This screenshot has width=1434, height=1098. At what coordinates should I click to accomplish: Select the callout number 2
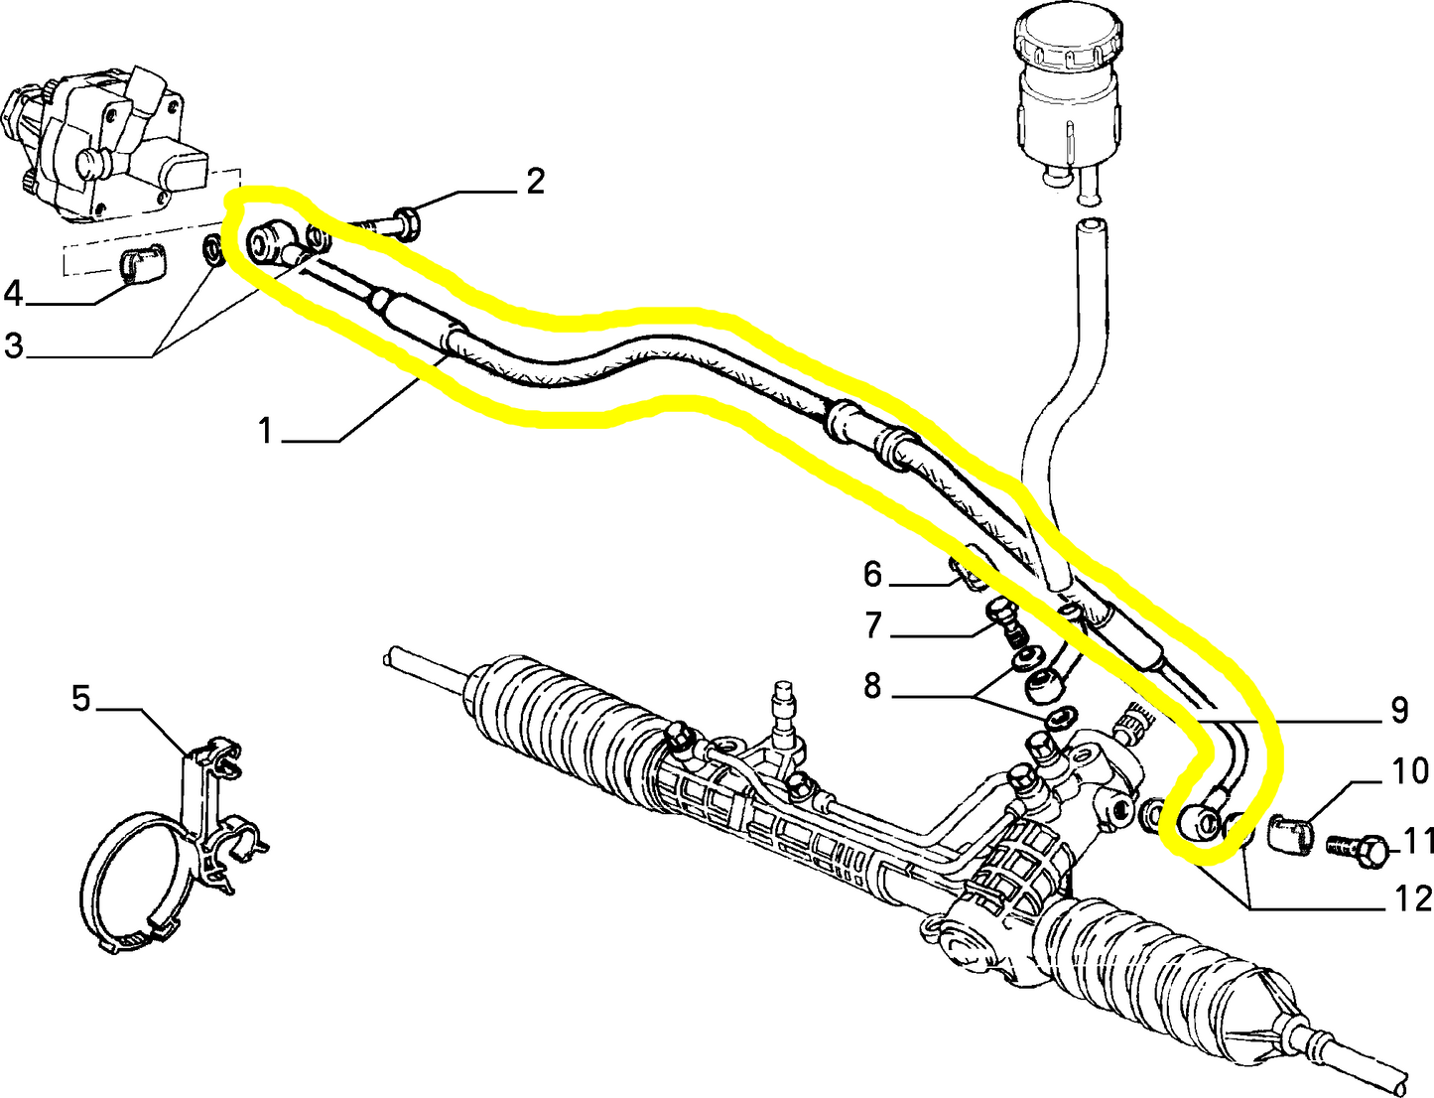[x=535, y=181]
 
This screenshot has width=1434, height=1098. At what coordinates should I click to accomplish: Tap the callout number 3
[x=14, y=345]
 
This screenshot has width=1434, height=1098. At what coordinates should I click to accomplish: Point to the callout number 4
[x=13, y=294]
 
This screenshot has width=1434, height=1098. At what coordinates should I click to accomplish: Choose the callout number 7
[x=872, y=625]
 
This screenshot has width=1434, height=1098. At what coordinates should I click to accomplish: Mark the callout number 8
[x=872, y=685]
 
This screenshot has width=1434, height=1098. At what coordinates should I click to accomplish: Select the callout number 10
[x=1409, y=770]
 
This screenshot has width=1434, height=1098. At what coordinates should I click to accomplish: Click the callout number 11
[x=1418, y=841]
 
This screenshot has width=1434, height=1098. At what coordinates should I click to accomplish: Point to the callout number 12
[x=1413, y=898]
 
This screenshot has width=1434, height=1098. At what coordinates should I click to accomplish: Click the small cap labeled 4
[x=143, y=265]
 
